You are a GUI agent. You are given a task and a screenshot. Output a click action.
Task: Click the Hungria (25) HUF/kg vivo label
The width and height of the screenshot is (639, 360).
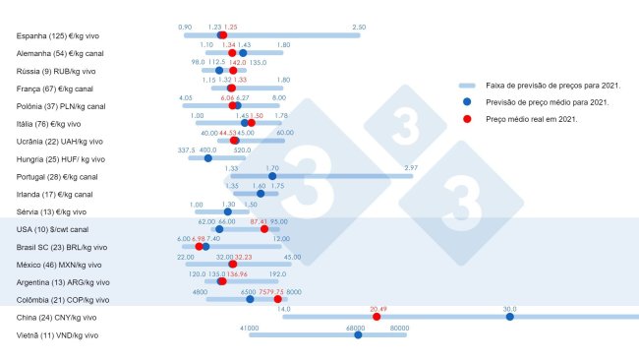pyautogui.click(x=60, y=158)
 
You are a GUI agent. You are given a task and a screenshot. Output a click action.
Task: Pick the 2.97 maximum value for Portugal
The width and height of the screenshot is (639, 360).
pyautogui.click(x=411, y=168)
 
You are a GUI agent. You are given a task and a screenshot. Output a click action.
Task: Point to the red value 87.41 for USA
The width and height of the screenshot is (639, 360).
pyautogui.click(x=261, y=221)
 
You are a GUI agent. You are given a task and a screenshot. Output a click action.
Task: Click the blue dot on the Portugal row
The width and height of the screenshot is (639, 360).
pyautogui.click(x=272, y=176)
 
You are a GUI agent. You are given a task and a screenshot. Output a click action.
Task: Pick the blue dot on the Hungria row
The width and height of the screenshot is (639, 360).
pyautogui.click(x=207, y=158)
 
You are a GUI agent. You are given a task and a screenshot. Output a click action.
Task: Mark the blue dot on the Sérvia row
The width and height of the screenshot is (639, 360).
pyautogui.click(x=228, y=211)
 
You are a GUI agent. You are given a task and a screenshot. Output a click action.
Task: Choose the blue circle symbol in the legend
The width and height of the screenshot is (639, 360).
pyautogui.click(x=469, y=102)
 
